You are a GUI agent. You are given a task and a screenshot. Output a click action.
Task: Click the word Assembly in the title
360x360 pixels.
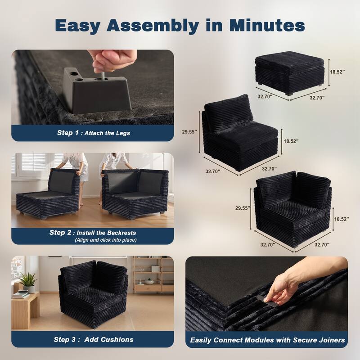pos(153,26)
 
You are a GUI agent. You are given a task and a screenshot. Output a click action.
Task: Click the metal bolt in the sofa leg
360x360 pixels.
pos(103,76)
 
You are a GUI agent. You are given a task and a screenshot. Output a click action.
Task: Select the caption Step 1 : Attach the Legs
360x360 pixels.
pos(94,133)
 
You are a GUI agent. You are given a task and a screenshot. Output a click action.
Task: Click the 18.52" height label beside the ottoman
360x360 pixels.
pos(337,72)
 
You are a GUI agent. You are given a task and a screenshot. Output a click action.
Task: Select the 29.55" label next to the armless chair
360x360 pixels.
pos(189,132)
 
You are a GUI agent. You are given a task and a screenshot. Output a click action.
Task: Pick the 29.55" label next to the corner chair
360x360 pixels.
pos(243,208)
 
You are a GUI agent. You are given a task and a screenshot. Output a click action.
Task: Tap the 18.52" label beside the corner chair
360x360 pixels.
pos(342,219)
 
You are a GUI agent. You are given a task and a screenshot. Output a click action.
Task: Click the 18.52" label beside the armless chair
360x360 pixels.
pos(291,141)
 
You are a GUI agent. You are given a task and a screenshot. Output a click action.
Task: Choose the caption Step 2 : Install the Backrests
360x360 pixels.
pos(93,233)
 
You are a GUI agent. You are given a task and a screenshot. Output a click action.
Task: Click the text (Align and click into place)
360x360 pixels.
pos(106,240)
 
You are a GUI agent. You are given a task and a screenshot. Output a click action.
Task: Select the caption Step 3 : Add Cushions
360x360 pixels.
pos(94,340)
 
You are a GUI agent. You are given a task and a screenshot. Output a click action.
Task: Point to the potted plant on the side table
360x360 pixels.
pos(28,282)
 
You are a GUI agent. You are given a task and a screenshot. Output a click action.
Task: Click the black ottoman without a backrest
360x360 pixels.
pos(290,72)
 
